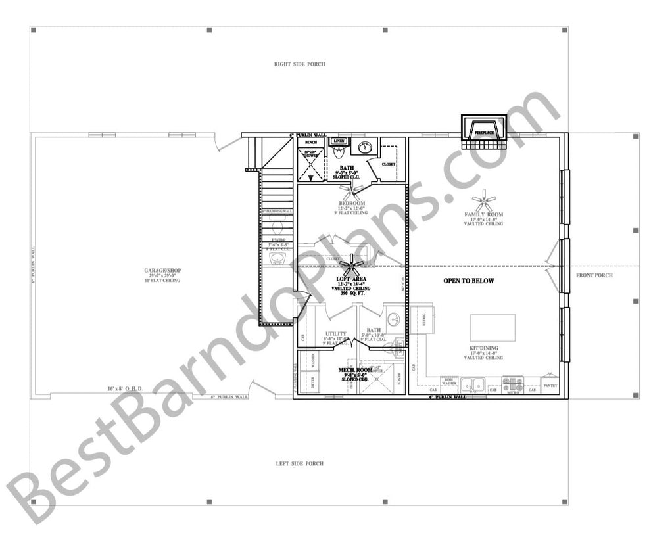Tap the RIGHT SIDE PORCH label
299,64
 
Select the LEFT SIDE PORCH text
299,463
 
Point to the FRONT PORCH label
594,275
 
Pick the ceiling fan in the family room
485,198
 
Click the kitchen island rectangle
493,327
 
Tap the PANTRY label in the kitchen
550,385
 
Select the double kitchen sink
473,384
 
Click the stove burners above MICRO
512,382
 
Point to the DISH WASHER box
449,382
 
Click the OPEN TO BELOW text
468,281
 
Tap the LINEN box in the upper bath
339,141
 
